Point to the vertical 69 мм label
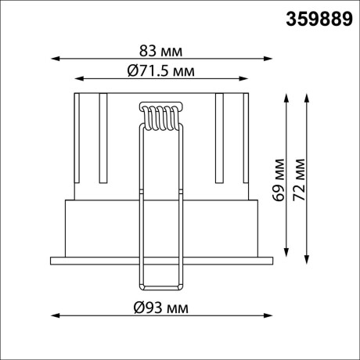279,180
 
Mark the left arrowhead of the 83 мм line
54,57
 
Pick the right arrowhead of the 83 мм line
271,57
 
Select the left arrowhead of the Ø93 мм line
54,315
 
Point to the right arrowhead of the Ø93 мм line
271,315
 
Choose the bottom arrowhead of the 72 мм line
305,261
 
